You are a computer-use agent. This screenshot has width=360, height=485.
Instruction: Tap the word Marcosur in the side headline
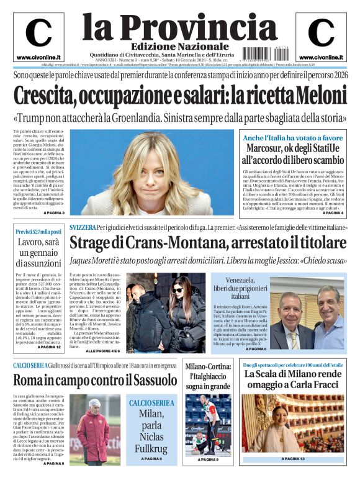pos(271,148)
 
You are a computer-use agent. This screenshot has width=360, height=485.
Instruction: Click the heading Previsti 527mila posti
pos(38,232)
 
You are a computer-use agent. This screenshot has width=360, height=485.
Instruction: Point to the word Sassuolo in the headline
pos(146,380)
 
